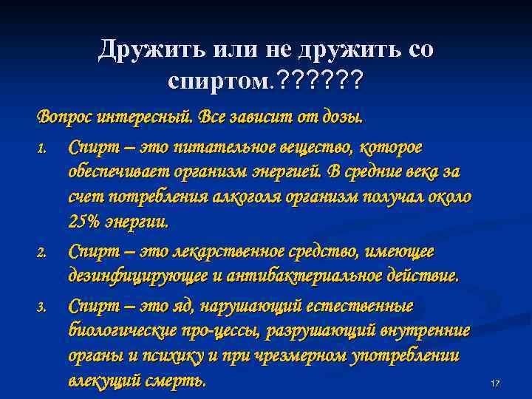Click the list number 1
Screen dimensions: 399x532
[x=42, y=149]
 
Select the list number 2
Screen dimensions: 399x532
[x=42, y=253]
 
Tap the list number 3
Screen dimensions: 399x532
[x=42, y=306]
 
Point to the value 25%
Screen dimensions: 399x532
[x=86, y=221]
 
